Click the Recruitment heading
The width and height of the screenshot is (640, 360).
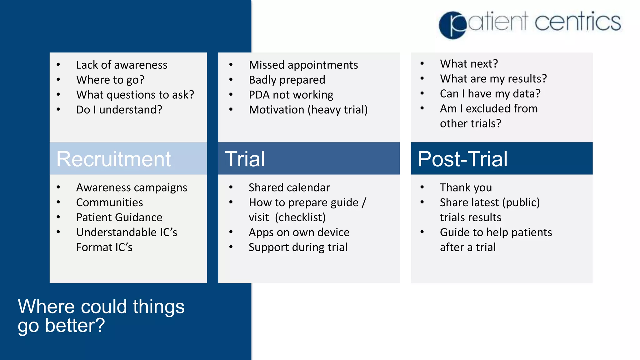pos(113,159)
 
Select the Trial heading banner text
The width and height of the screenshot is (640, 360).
pos(245,159)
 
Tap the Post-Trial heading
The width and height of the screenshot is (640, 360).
pos(462,159)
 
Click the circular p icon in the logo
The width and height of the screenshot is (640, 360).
pos(453,25)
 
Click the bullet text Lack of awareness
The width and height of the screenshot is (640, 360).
pos(122,65)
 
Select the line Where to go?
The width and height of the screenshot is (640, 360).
pos(110,80)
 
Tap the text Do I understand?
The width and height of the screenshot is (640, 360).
pos(119,110)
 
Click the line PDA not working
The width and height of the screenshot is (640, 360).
pos(291,95)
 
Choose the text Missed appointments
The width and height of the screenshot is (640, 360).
pos(303,65)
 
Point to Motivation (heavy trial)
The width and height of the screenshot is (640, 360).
pos(308,110)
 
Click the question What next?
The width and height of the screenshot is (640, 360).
pos(469,63)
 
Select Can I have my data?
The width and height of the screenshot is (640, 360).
pos(490,93)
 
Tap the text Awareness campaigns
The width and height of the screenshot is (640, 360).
pos(132,187)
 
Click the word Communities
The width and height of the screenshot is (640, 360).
pos(109,202)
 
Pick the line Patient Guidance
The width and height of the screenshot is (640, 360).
pos(119,217)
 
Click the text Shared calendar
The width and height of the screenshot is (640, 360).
pos(289,187)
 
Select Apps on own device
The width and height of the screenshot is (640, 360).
pos(299,232)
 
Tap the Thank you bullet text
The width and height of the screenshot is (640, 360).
pos(466,187)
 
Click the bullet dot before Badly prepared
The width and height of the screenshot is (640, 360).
pos(231,80)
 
